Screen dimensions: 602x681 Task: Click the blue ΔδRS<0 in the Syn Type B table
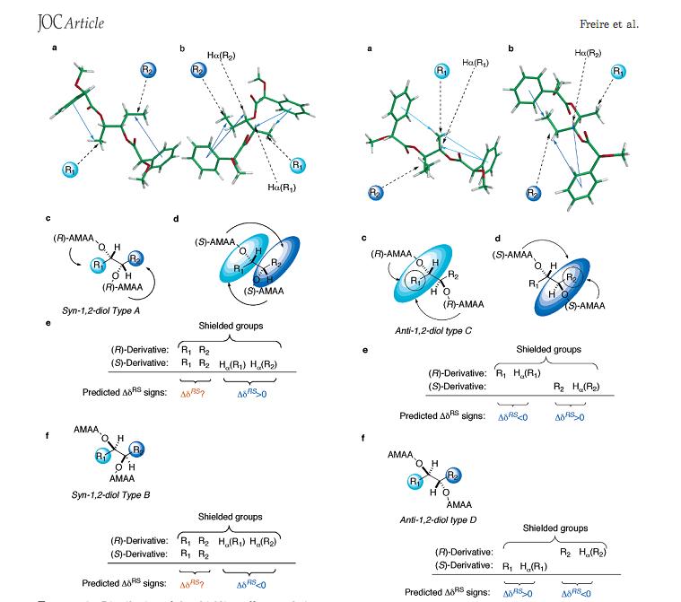pyautogui.click(x=255, y=582)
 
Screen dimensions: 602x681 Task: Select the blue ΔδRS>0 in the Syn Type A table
pyautogui.click(x=255, y=392)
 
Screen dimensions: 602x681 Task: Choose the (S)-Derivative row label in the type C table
pyautogui.click(x=456, y=386)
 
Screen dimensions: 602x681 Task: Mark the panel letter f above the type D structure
pyautogui.click(x=362, y=438)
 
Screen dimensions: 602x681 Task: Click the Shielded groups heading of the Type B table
pyautogui.click(x=230, y=517)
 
